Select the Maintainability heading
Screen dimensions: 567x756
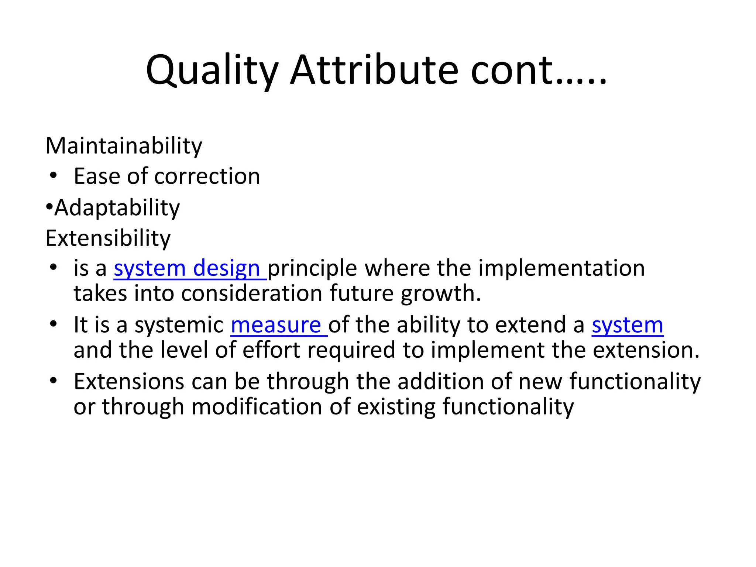(x=124, y=145)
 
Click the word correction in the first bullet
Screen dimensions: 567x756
(x=207, y=176)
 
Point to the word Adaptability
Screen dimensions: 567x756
(x=117, y=207)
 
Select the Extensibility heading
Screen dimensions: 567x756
(x=108, y=238)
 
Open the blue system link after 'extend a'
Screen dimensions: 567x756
(x=627, y=325)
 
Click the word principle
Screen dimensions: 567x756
(x=312, y=268)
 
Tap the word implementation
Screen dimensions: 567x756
(x=561, y=268)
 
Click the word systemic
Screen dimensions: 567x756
(x=179, y=325)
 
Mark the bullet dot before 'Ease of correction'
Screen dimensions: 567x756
(x=54, y=176)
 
